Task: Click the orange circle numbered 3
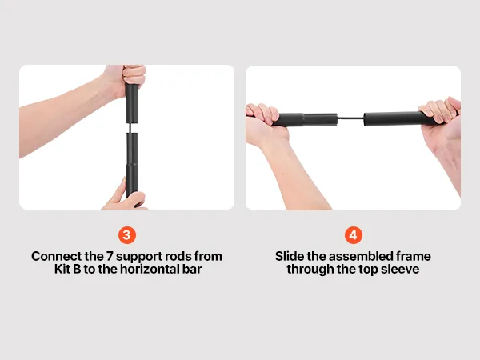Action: pos(126,235)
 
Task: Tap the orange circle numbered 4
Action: pos(354,235)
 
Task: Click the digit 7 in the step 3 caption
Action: pos(110,256)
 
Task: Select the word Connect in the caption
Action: pos(57,256)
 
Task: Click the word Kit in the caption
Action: pos(62,269)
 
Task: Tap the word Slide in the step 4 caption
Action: pos(290,256)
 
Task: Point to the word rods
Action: pos(178,257)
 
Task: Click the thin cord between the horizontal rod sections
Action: pos(350,118)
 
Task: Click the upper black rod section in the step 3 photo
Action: pos(132,103)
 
